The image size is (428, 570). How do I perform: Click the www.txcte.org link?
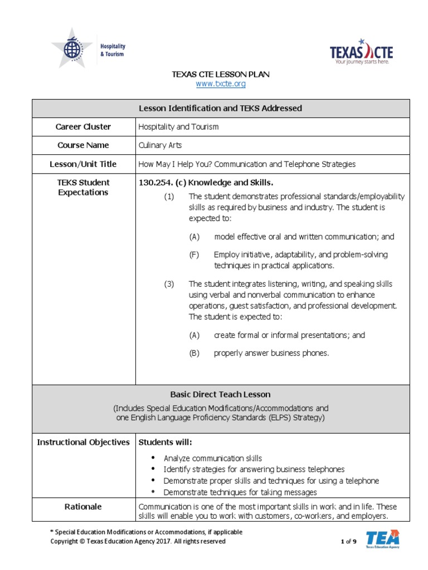[x=221, y=84]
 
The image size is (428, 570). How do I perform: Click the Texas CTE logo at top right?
[x=361, y=52]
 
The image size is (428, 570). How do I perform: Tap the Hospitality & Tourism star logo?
[x=89, y=48]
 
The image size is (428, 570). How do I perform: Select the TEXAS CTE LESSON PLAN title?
[x=221, y=74]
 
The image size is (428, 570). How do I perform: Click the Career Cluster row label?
[x=83, y=127]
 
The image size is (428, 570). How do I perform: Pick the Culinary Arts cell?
[x=160, y=145]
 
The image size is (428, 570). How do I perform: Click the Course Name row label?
[x=83, y=145]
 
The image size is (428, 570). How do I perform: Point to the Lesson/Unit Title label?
[x=83, y=164]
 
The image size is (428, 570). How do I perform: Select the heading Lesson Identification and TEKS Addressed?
[x=221, y=109]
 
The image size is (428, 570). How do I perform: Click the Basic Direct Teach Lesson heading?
[x=221, y=395]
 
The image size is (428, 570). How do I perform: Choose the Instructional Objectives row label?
[x=83, y=443]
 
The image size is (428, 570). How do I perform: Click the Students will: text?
[x=165, y=443]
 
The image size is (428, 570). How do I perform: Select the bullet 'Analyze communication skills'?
[x=212, y=459]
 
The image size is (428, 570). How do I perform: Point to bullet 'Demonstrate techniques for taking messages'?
[x=240, y=492]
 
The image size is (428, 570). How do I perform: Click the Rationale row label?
[x=83, y=507]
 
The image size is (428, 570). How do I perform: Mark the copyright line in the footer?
[x=138, y=541]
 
